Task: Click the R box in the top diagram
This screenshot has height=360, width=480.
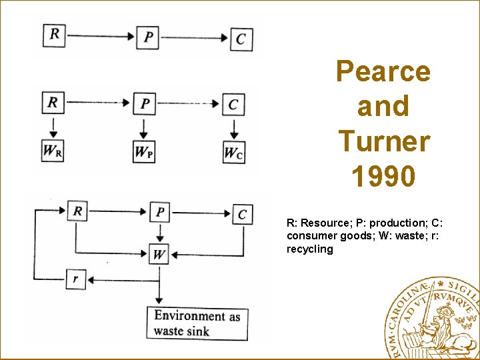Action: click(54, 35)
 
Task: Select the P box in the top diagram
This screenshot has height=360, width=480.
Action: click(147, 37)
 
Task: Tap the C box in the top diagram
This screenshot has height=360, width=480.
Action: click(240, 39)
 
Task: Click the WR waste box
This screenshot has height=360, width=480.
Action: click(53, 151)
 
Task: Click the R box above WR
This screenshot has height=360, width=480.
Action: click(53, 103)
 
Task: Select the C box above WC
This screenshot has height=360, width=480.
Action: click(233, 105)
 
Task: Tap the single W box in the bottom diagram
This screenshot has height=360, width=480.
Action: click(159, 254)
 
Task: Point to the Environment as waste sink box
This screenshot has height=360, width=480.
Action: click(197, 323)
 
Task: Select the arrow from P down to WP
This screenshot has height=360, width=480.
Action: click(144, 127)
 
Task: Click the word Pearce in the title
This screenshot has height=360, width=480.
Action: click(383, 71)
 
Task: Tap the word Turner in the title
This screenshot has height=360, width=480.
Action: click(384, 141)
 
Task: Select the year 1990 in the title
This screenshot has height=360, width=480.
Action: click(383, 177)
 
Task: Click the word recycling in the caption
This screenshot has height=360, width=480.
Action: click(309, 249)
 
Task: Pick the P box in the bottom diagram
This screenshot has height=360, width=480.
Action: click(159, 212)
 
